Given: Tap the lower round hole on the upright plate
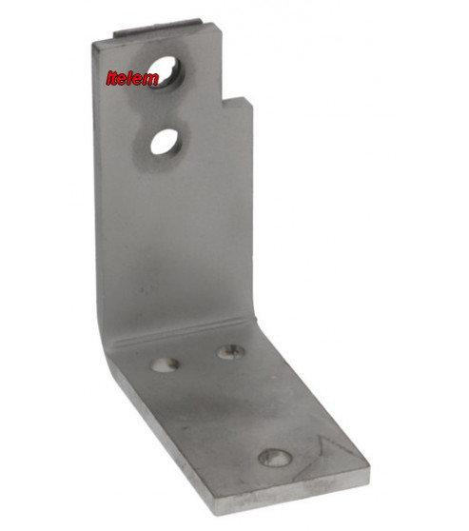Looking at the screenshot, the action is pos(166,142).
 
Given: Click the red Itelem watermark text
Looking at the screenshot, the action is pos(132,78).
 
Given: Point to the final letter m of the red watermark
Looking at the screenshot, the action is pos(150,79).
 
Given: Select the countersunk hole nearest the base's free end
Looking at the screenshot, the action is pos(275,458).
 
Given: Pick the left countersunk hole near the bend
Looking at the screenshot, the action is pos(166,364).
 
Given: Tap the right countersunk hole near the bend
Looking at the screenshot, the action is pos(231,352).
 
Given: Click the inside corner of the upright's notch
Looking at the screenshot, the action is pos(223,99).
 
